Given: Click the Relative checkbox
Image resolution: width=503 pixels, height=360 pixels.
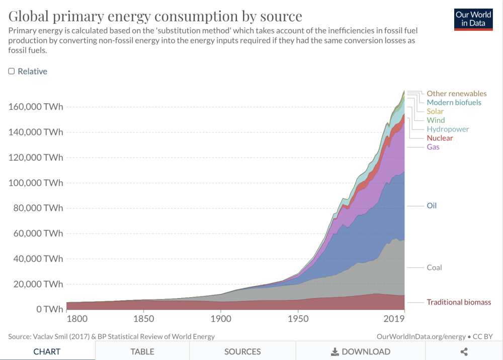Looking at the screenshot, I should (x=12, y=71).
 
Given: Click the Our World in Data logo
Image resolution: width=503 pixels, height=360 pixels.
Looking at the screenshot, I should (x=473, y=19).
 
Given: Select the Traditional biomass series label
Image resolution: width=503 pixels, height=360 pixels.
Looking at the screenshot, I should (x=459, y=302).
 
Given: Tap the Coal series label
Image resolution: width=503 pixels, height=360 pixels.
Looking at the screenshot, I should (x=434, y=267).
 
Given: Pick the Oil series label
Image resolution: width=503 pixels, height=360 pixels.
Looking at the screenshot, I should (x=432, y=206).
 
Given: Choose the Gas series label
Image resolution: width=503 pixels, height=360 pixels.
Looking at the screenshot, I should (x=433, y=147).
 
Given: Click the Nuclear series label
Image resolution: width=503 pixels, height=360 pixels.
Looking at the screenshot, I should (x=440, y=138).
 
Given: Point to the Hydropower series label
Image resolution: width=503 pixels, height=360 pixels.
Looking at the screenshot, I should (x=448, y=129).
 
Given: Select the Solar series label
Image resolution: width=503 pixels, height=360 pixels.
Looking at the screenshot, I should (x=435, y=111).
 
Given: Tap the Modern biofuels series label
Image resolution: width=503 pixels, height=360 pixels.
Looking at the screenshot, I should (x=454, y=102).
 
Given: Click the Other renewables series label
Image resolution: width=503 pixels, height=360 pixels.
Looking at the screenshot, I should (x=456, y=93).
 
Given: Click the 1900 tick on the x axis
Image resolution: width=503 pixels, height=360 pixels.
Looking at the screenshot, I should (x=220, y=319).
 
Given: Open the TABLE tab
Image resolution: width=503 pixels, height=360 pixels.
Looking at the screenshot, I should (x=142, y=351).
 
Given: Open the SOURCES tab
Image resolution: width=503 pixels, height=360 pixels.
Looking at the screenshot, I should (x=242, y=351).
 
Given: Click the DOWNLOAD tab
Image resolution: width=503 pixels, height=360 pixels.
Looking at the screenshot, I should (x=360, y=351).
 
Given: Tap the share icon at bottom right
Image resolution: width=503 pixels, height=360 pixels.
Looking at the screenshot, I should (x=464, y=351).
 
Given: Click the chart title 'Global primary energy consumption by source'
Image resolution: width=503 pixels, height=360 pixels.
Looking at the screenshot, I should (x=155, y=16).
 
